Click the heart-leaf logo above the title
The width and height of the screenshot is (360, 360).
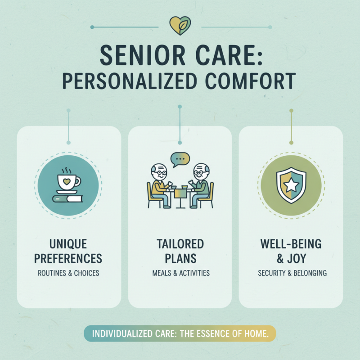pyautogui.click(x=180, y=26)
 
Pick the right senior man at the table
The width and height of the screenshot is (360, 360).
pyautogui.click(x=201, y=184)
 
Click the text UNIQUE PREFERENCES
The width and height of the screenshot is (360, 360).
pyautogui.click(x=69, y=252)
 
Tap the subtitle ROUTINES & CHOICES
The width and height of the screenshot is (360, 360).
pyautogui.click(x=69, y=273)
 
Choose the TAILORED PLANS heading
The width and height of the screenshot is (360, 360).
pyautogui.click(x=180, y=252)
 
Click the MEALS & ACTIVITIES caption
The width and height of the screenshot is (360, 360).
pyautogui.click(x=180, y=273)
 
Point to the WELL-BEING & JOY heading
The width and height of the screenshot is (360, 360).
pyautogui.click(x=291, y=252)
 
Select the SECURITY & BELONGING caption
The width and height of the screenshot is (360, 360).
pyautogui.click(x=291, y=273)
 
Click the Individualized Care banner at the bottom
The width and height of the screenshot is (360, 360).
pyautogui.click(x=180, y=335)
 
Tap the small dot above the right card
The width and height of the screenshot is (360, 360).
pyautogui.click(x=291, y=110)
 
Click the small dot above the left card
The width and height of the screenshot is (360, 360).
pyautogui.click(x=68, y=110)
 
